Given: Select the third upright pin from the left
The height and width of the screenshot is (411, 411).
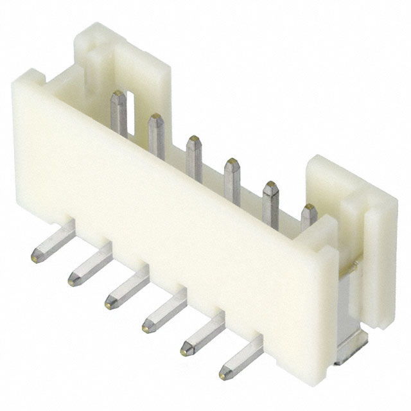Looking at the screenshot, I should coord(193,155).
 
